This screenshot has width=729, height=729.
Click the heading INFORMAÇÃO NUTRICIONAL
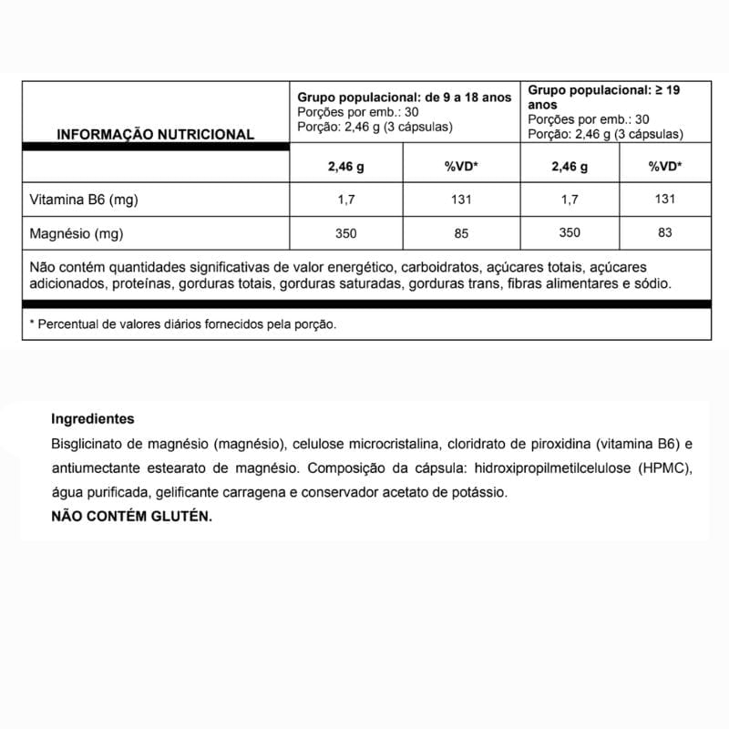point(155,134)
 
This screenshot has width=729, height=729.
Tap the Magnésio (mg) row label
point(77,233)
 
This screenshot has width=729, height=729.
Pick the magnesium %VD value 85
point(461,233)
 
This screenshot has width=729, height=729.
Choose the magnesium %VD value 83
point(665,232)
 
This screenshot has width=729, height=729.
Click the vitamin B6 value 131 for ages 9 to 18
point(461,200)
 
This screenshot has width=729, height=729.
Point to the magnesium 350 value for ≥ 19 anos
point(569,232)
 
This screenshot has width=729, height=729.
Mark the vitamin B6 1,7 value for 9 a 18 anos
point(345,200)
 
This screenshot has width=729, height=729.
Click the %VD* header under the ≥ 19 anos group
point(665,166)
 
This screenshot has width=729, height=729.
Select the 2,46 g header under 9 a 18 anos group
point(345,167)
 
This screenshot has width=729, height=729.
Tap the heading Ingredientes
point(93,419)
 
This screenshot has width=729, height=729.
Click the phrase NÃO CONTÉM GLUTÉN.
point(131,516)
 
